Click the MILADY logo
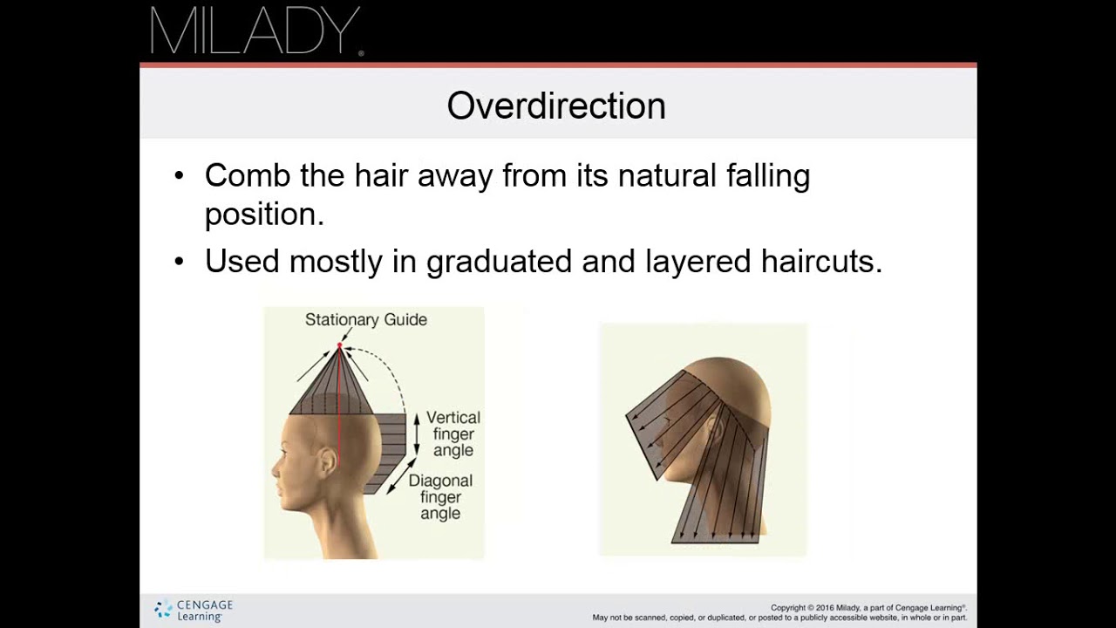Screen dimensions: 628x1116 [255, 31]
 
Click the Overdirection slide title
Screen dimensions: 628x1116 [556, 106]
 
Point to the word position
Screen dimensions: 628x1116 [263, 215]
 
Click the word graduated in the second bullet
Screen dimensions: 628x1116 [500, 262]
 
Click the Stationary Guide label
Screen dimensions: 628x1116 [366, 320]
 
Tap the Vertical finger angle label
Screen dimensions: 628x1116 [453, 433]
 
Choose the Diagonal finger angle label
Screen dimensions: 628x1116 [440, 496]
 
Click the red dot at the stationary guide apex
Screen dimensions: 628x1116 [340, 346]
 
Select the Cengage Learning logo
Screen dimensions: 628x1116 [194, 610]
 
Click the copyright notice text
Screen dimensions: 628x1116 [779, 612]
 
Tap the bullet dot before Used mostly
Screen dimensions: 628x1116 [180, 262]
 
